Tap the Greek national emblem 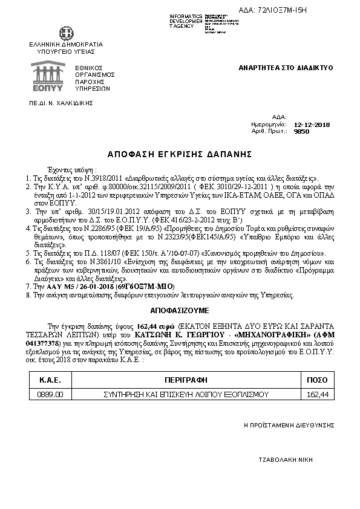(x=65, y=34)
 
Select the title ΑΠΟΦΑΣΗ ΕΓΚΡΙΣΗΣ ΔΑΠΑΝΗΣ (x=180, y=154)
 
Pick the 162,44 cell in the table (x=318, y=394)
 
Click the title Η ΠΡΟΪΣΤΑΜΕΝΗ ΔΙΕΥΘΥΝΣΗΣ (x=289, y=426)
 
